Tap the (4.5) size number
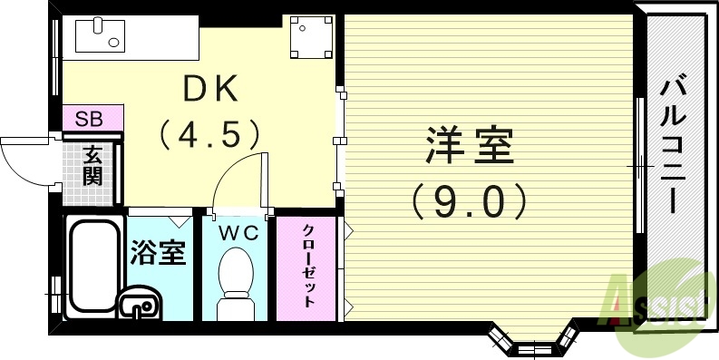[x=210, y=136]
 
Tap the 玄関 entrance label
[x=91, y=165]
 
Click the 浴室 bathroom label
[x=159, y=251]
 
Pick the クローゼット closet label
[x=308, y=267]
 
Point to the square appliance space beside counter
[x=310, y=36]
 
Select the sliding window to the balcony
[x=637, y=168]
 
